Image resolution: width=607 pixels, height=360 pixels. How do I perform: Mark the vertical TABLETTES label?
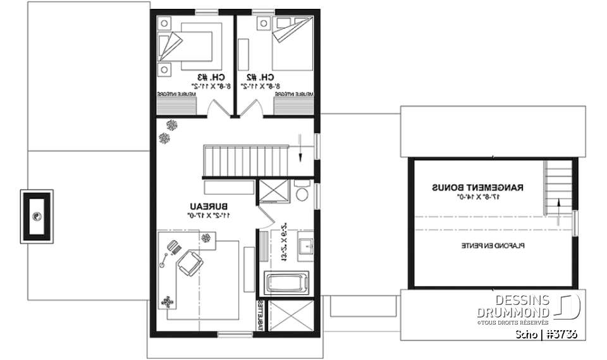pyautogui.click(x=260, y=314)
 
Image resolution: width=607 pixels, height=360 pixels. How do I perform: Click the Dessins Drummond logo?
pyautogui.click(x=567, y=307)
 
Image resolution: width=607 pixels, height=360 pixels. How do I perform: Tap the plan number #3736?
pyautogui.click(x=561, y=334)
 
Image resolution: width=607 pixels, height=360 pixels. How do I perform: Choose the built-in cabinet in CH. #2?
pyautogui.click(x=294, y=94)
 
